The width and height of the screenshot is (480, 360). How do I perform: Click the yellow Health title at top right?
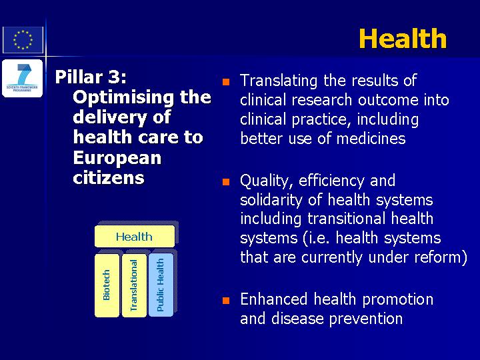point(403,38)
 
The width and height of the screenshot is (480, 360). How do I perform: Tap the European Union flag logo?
point(23,40)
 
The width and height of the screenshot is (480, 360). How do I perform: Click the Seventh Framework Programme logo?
point(23,79)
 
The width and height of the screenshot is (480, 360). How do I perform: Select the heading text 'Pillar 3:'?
point(91,77)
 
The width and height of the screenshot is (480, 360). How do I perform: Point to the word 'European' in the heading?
point(117,158)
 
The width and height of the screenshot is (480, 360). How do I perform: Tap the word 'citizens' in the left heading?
point(109,177)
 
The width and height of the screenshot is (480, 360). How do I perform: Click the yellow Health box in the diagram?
point(135,236)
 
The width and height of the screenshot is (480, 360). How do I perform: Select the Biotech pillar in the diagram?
point(107,285)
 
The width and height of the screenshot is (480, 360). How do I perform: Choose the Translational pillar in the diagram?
point(134,285)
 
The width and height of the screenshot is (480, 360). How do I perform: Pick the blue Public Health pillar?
point(161,285)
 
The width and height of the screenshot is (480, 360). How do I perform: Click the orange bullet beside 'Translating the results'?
point(226,82)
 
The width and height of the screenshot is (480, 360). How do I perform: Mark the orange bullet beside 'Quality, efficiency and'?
point(226,182)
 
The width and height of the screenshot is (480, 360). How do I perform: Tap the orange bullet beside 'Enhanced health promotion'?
point(226,300)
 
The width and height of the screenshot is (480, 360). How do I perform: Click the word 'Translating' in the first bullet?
point(279,81)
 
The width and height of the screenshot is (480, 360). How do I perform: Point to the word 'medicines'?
point(371,139)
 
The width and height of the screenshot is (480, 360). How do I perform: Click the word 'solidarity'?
point(271,201)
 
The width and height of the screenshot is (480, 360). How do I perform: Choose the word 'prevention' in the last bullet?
point(366,319)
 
